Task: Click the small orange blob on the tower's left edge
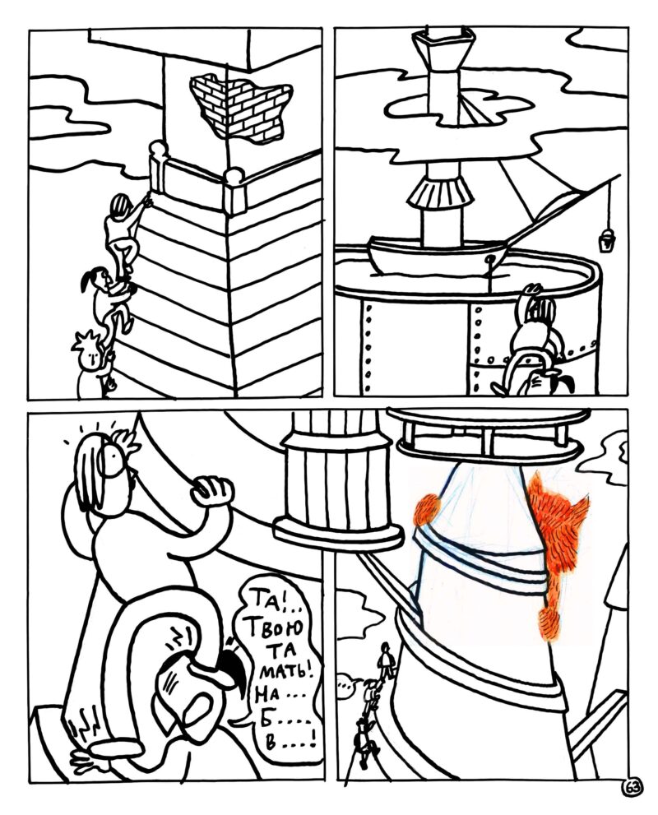coord(428,509)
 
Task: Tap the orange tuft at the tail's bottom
coord(549,623)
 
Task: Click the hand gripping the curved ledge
coord(211,491)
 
